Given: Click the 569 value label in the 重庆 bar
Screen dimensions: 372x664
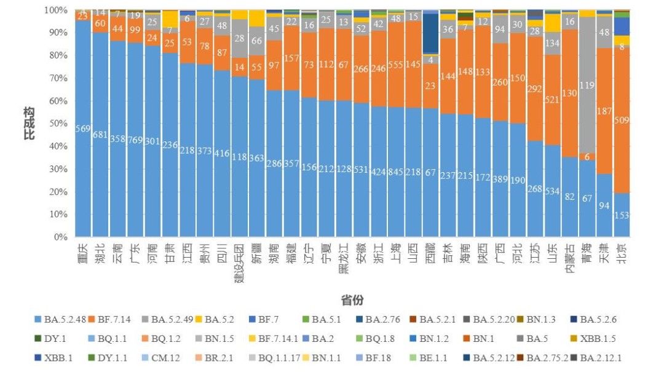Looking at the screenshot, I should [83, 129].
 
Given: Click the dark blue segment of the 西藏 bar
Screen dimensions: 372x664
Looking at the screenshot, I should [432, 33].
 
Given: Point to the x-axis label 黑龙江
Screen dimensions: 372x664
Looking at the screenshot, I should [344, 259].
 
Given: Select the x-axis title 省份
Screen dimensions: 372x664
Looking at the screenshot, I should [352, 299].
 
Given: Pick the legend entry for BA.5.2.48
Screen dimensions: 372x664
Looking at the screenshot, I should [63, 320].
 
